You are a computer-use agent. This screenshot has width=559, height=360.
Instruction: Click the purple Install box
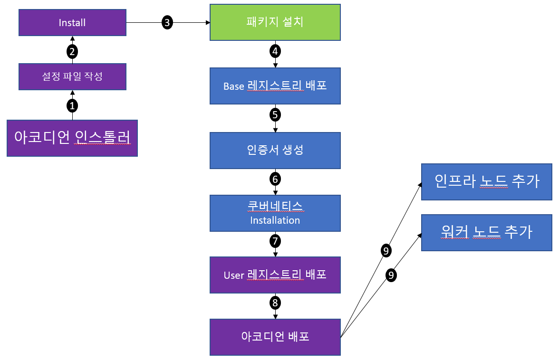coord(72,23)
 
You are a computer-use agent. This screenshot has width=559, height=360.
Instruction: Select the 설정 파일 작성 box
coord(72,76)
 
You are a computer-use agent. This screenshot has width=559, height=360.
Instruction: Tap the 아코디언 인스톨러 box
coord(72,138)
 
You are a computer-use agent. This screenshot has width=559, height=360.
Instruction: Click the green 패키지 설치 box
coord(275,22)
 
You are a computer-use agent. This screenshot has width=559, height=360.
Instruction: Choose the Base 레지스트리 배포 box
coord(275,86)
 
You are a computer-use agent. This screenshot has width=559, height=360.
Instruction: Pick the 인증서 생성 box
coord(275,150)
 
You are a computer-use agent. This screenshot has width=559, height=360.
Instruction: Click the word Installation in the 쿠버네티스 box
coord(275,220)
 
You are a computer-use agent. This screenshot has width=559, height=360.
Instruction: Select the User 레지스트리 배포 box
coord(275,275)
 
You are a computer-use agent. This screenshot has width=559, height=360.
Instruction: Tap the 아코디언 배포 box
coord(275,337)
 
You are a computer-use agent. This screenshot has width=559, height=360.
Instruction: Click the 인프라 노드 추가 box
coord(487,182)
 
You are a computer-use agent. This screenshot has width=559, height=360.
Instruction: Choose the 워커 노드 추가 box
coord(487,232)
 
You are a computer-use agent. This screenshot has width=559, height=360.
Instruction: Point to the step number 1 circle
coord(72,105)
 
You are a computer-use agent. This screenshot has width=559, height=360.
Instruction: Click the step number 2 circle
coord(72,51)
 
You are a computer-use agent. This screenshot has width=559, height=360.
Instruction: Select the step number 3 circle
coord(167,22)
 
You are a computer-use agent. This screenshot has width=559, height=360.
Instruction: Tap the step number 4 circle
coord(275,51)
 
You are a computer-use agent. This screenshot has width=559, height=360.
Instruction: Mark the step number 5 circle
coord(275,114)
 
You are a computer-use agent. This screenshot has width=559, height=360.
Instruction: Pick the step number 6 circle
coord(275,179)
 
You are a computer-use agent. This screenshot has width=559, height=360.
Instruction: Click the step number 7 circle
coord(275,241)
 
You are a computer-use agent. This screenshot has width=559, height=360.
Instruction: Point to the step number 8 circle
coord(275,303)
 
